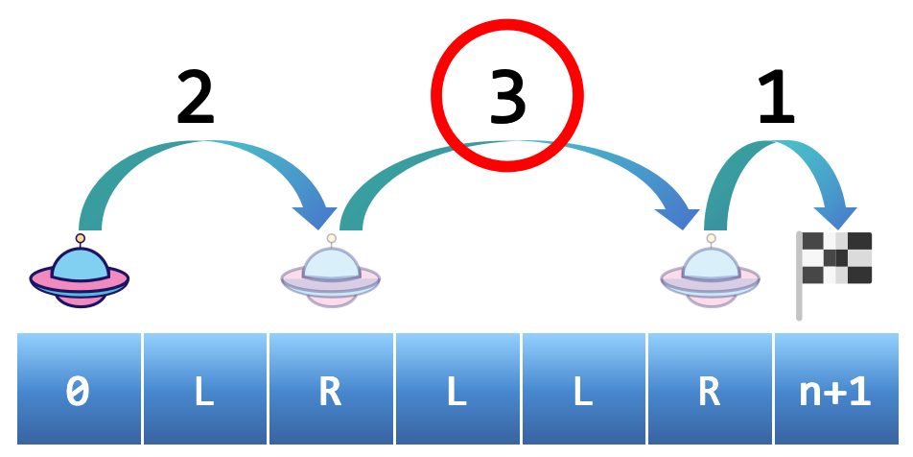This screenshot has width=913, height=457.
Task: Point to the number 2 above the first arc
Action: coord(196,98)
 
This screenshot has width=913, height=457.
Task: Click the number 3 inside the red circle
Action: coord(507,98)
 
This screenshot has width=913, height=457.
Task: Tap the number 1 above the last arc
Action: coord(776,98)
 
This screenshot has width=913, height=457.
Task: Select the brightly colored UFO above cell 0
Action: coord(80,273)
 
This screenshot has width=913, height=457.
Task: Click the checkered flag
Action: coord(836,257)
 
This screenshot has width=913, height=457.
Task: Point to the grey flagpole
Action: coord(799,288)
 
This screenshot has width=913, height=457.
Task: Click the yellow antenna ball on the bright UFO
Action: coord(81,238)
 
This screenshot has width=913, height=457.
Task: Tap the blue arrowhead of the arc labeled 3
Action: coord(682,213)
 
